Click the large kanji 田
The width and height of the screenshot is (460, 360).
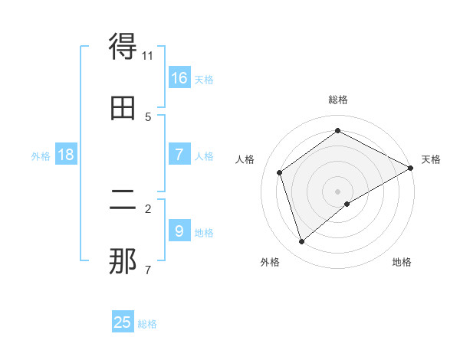(123, 108)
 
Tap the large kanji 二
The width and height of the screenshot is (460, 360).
(123, 201)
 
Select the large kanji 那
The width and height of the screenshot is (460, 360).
(123, 260)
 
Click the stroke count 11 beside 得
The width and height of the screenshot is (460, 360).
(148, 56)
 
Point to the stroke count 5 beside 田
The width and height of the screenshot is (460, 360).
(148, 116)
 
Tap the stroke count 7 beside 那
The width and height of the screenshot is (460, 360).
(148, 270)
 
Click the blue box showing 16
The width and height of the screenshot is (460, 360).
(179, 77)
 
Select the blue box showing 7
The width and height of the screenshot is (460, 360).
(179, 154)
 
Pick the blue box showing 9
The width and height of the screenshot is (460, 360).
(179, 230)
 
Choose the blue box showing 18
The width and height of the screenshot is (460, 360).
(66, 155)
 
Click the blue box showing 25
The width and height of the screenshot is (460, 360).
(123, 322)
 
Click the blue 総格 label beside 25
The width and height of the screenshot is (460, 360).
(147, 324)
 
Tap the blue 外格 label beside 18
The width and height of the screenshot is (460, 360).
(41, 156)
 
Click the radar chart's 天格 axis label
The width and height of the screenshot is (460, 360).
(431, 159)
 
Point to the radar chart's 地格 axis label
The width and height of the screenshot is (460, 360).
(402, 262)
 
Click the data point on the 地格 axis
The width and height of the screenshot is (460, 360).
(347, 204)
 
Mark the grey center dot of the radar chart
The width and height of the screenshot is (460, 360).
(337, 191)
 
